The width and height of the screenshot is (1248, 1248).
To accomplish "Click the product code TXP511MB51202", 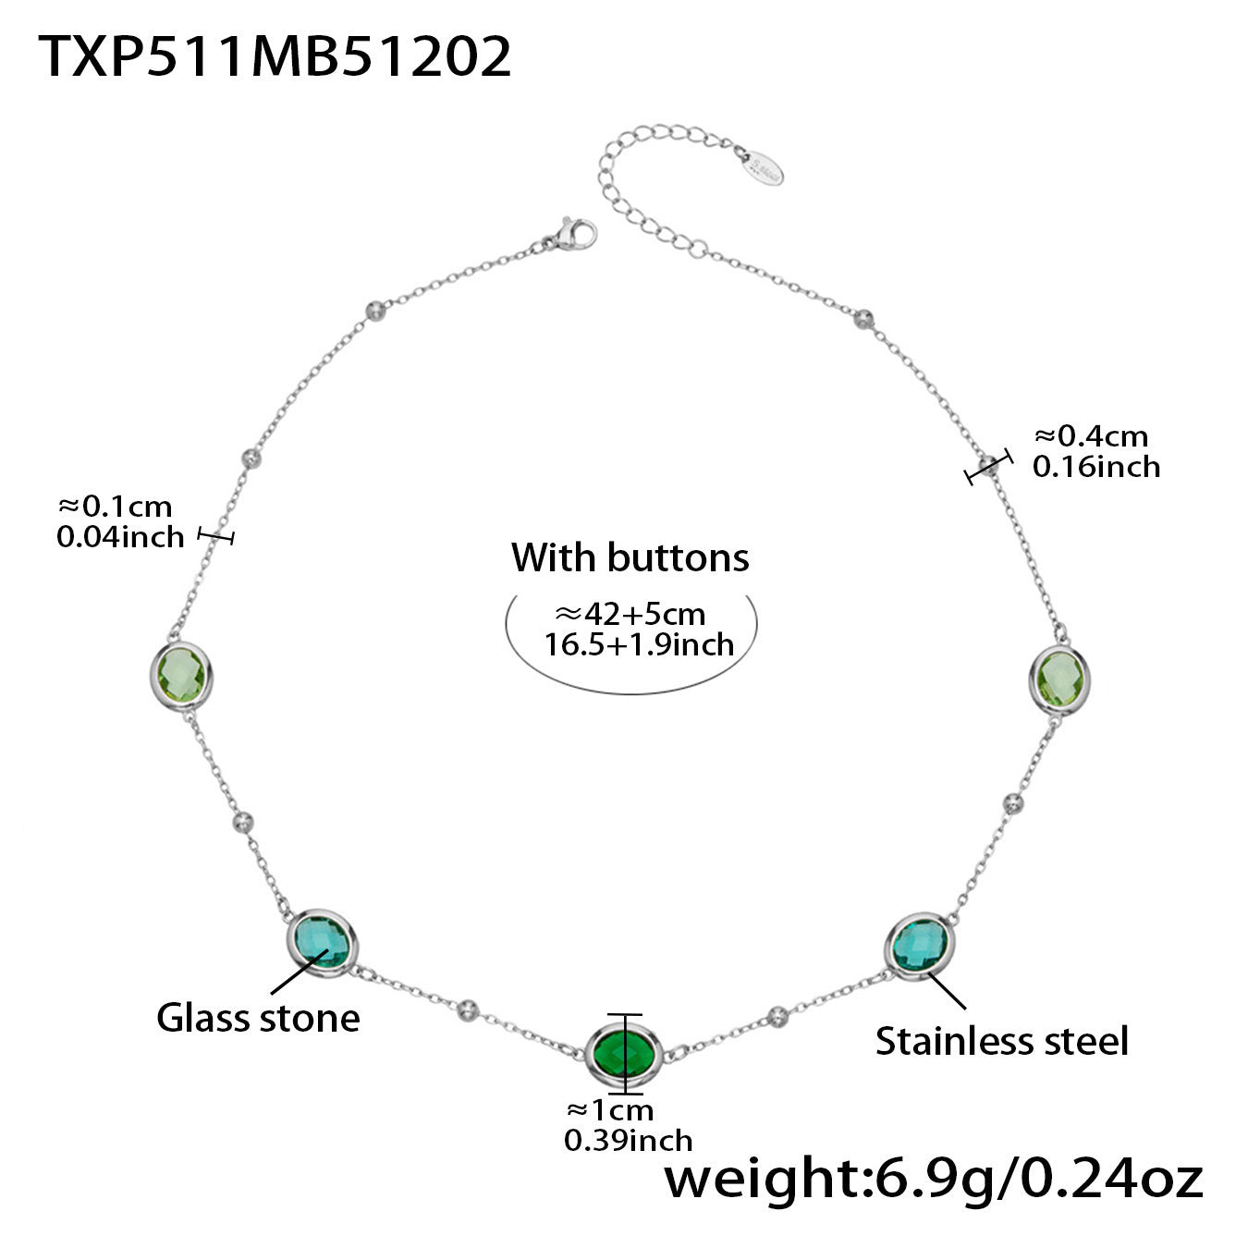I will coord(275,57).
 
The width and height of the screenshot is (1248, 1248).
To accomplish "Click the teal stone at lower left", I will coord(320,942).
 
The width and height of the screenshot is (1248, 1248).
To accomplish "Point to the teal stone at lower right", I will coord(918,943).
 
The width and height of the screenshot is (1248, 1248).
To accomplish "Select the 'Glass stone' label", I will coord(258,1018).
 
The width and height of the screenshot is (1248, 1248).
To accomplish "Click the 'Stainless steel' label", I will coord(1002,1041).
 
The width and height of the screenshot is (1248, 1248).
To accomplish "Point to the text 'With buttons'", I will coord(630,557).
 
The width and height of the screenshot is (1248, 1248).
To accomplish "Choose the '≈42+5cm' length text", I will coord(630,614).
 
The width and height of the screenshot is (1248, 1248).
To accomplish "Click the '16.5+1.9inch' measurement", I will coord(639,643).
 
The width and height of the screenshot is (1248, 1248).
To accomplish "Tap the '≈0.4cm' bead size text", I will coord(1091,435).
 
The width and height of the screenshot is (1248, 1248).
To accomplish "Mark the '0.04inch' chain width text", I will coord(120,536).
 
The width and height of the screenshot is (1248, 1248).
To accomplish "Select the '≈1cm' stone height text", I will coord(609,1109).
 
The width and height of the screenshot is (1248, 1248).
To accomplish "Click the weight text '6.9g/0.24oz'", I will coord(1033,1179).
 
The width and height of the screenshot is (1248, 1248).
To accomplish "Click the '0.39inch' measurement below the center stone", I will coord(628,1140).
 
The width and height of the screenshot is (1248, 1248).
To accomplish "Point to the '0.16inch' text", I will coord(1096,466).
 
